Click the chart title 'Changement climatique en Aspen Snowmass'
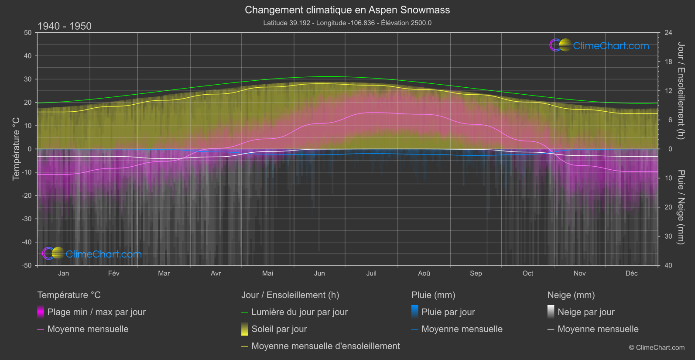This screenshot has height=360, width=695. tap(347, 10)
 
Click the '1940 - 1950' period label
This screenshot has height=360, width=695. tap(65, 26)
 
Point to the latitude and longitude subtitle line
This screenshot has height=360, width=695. tap(347, 23)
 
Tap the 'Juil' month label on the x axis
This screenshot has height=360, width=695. tap(371, 273)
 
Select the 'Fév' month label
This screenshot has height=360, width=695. tap(113, 273)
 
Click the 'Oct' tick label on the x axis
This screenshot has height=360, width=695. tap(527, 273)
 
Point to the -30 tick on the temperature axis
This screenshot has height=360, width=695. tap(27, 219)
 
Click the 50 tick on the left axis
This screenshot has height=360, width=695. tap(28, 33)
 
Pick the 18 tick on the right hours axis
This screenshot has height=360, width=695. tap(668, 62)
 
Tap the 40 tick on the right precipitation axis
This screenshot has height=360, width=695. tap(668, 265)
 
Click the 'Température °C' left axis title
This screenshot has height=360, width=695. tap(16, 149)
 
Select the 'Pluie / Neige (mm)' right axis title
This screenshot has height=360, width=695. tap(681, 207)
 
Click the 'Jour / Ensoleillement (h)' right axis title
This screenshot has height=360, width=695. tap(681, 91)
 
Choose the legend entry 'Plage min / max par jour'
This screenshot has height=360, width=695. tap(96, 312)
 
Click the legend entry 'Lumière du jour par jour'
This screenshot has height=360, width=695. tap(299, 312)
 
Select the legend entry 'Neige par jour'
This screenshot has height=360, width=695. tap(585, 312)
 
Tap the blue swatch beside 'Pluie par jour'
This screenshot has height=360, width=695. tap(415, 312)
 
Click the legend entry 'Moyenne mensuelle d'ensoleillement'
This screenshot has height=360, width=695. tap(325, 346)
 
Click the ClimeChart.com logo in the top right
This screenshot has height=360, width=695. tap(599, 45)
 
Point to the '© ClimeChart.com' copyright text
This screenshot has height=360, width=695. tap(657, 347)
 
